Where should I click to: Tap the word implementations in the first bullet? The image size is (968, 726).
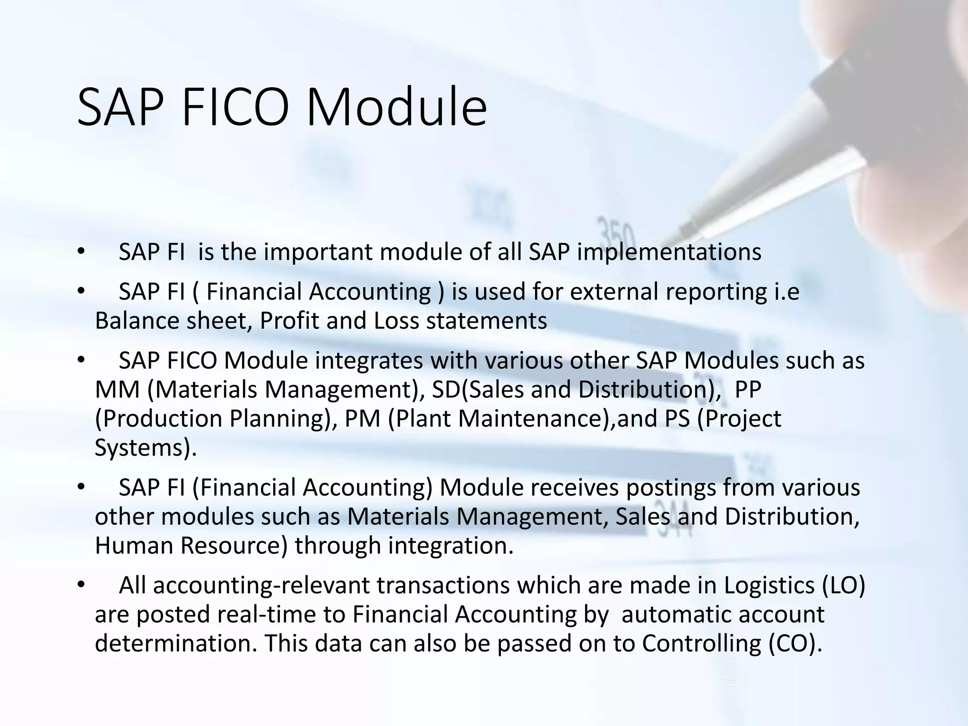click(x=669, y=252)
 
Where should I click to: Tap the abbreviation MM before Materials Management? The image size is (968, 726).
click(x=117, y=390)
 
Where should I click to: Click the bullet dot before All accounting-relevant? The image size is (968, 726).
click(x=81, y=586)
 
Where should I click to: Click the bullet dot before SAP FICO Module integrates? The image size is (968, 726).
click(x=81, y=361)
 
